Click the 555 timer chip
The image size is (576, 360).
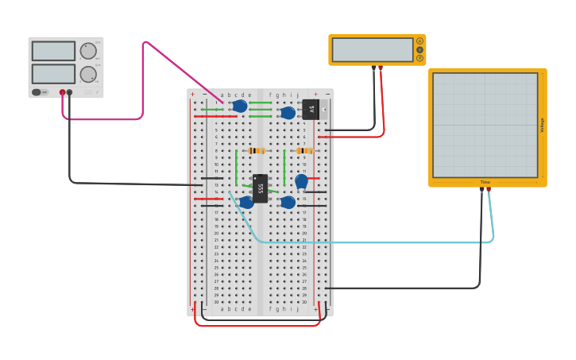tap(260, 188)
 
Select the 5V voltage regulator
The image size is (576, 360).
tap(311, 110)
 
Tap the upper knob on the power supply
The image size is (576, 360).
tap(88, 51)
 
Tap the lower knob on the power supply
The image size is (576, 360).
tap(88, 75)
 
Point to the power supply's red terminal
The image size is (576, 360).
tap(62, 92)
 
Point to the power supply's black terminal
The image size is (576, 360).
tap(70, 92)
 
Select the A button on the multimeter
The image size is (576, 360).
tap(419, 41)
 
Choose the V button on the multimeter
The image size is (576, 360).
tap(419, 49)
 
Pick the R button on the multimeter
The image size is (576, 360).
tap(419, 58)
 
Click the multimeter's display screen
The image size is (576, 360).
tap(373, 49)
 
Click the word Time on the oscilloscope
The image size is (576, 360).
tap(485, 182)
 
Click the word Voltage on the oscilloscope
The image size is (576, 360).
tap(543, 125)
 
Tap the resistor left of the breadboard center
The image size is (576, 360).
tap(256, 150)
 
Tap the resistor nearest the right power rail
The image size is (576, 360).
tap(304, 150)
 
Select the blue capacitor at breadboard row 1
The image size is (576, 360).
tap(240, 106)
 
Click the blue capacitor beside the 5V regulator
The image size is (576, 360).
tap(288, 113)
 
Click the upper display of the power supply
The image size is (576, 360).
tap(53, 51)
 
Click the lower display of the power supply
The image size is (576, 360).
tap(53, 74)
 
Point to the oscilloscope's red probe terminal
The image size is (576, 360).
tap(489, 189)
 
